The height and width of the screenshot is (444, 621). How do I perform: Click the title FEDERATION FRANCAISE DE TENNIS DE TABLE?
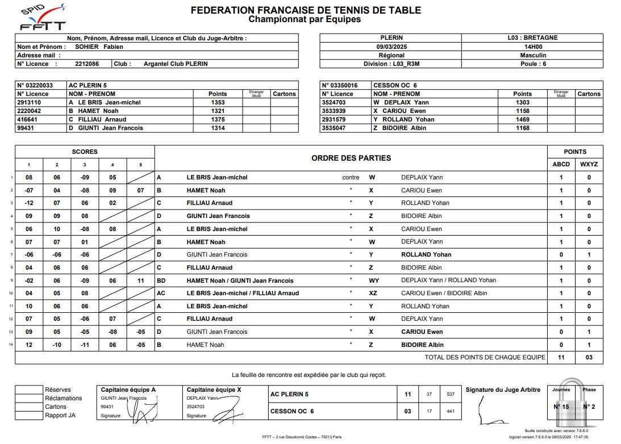306,10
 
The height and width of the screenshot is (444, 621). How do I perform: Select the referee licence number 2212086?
87,64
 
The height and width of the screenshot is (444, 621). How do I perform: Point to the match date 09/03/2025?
392,47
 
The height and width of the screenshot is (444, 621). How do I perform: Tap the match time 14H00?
532,47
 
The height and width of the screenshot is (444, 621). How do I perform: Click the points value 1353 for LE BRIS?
218,103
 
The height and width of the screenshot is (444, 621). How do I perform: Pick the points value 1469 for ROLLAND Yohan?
522,120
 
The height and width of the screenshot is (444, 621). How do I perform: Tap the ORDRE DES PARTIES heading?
351,158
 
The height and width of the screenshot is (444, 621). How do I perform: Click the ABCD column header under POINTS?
561,165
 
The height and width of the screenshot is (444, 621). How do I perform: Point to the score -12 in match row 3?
29,203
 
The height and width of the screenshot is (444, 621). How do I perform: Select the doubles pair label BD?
161,280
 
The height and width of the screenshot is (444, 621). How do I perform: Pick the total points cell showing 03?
589,358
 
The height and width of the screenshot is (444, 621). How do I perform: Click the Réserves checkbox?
30,390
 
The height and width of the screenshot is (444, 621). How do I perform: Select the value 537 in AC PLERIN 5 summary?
451,394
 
